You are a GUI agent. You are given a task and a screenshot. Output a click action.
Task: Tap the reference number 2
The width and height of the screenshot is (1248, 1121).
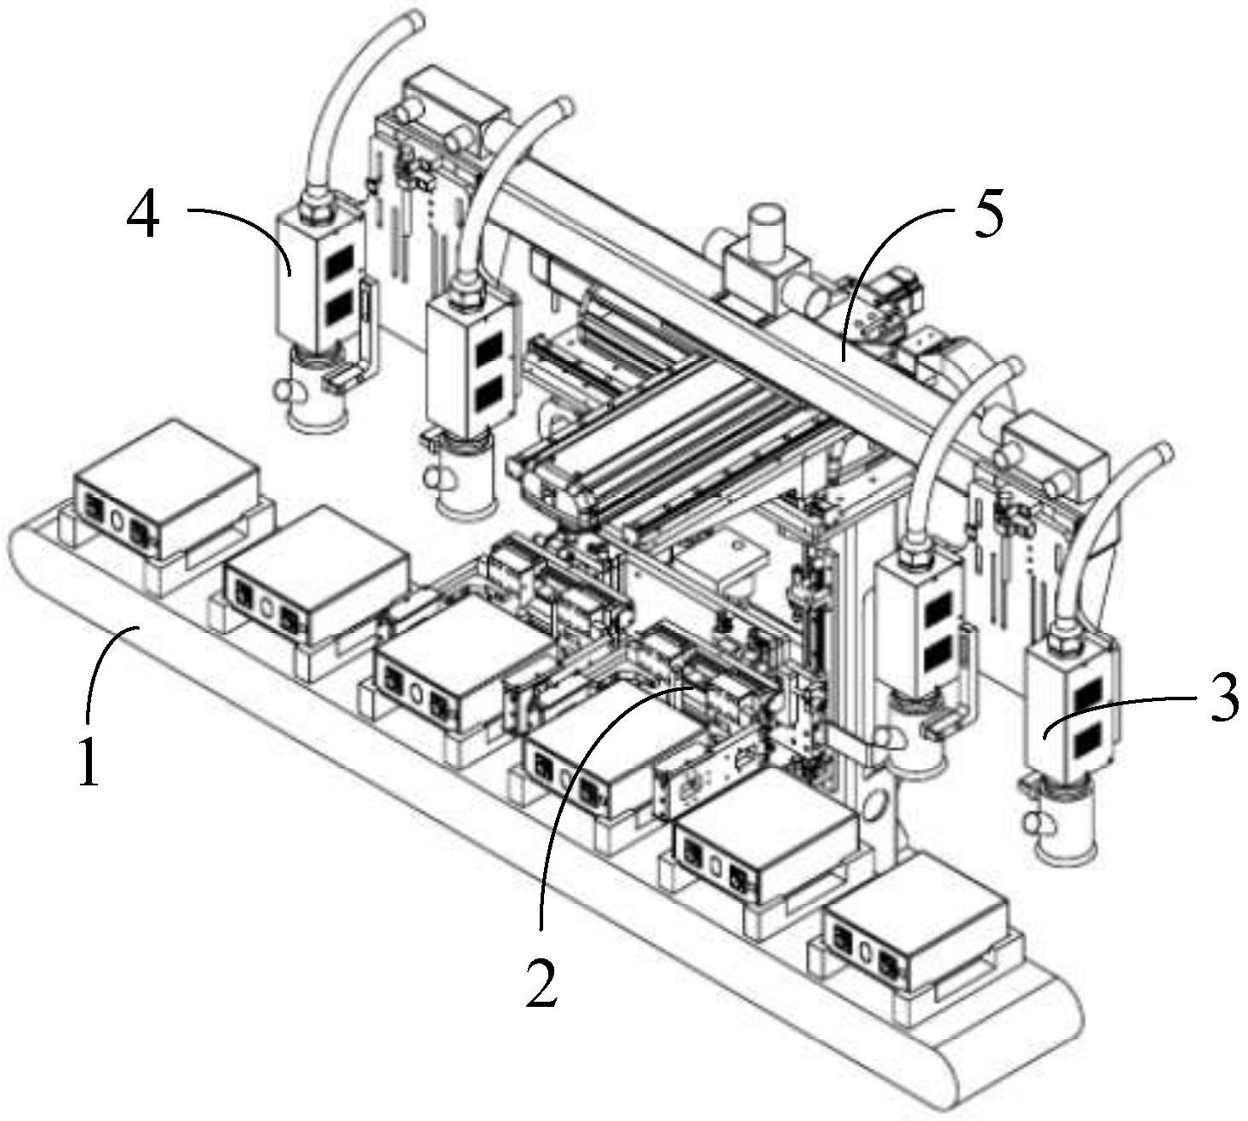click(x=541, y=980)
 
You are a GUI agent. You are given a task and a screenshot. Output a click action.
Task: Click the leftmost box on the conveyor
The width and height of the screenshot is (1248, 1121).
click(x=166, y=477)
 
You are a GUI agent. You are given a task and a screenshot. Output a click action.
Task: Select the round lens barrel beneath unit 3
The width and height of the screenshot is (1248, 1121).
click(x=1062, y=821)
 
